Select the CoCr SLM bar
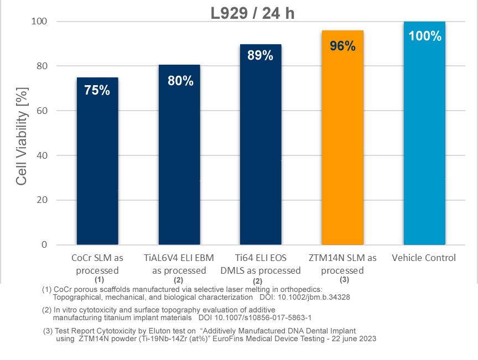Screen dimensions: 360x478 coord(97,166)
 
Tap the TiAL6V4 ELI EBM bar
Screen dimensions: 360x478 coord(179,160)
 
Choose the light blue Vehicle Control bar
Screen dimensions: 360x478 coord(424,138)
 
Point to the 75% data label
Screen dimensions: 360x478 coord(97,90)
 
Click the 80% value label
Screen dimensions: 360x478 coord(180,81)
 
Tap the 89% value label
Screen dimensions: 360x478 coord(260,55)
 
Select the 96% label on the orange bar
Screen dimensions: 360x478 coord(342,46)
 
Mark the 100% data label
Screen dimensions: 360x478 coord(425,36)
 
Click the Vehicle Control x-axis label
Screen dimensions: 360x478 coord(424,258)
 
